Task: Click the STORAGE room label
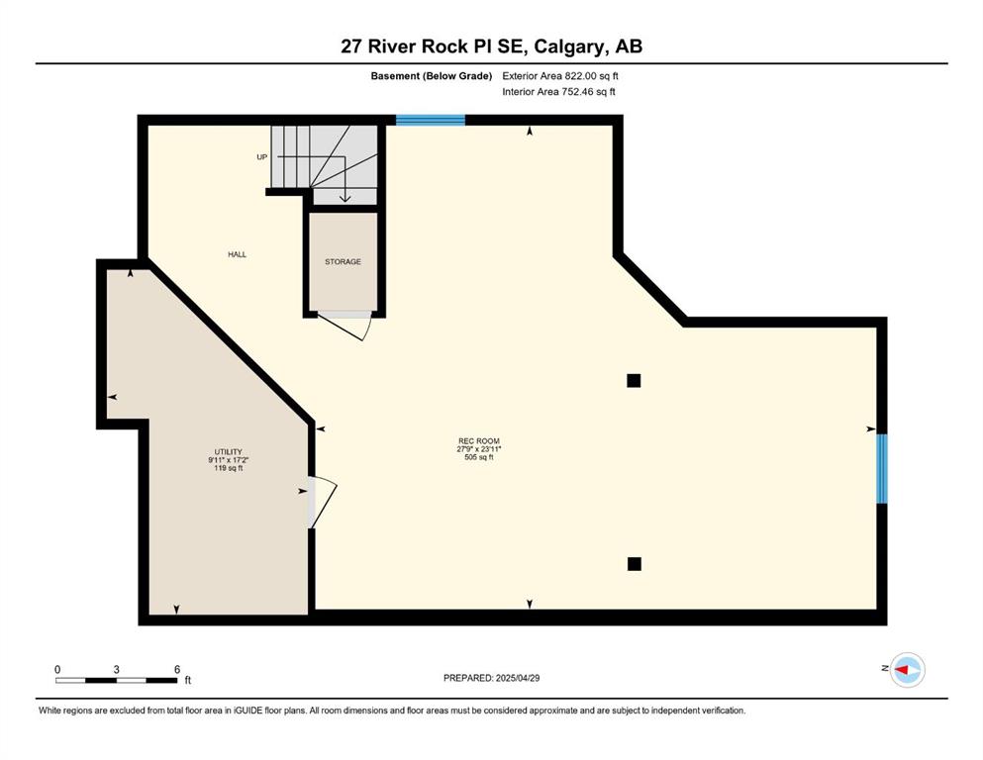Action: [x=343, y=261]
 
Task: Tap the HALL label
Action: [x=237, y=254]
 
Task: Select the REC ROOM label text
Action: [x=479, y=441]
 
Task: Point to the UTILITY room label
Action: [x=229, y=451]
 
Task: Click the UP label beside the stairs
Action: [x=262, y=156]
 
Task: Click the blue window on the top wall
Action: [x=430, y=121]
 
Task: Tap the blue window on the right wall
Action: [x=881, y=469]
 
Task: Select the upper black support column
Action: [x=634, y=380]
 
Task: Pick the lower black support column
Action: [x=635, y=564]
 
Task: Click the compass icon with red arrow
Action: [x=907, y=670]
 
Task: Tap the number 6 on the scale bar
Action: [x=177, y=669]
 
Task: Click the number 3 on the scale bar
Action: [x=117, y=669]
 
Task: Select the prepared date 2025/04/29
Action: [x=517, y=678]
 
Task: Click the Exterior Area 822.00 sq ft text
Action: [x=560, y=76]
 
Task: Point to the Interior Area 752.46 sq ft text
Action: [x=558, y=91]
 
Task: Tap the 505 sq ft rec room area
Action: [x=479, y=457]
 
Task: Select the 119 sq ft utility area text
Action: [x=229, y=468]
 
